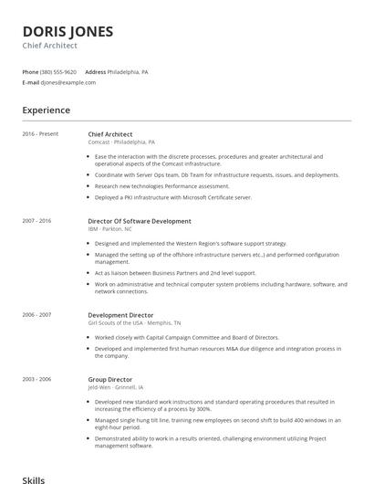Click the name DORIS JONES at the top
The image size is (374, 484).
tap(68, 31)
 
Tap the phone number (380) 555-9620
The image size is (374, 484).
tap(59, 71)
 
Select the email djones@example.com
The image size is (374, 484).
tap(68, 82)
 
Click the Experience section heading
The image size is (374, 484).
tap(46, 110)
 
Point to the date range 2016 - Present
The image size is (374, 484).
tap(40, 134)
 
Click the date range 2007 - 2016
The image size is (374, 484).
tap(36, 221)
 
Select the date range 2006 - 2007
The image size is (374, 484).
tap(36, 315)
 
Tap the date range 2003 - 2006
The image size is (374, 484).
tap(36, 379)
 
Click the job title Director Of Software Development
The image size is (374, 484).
tap(140, 221)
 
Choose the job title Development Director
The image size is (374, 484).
tap(120, 315)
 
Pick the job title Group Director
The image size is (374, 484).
tap(109, 379)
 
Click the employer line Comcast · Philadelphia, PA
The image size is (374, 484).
tap(121, 142)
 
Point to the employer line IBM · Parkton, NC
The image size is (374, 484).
tap(110, 229)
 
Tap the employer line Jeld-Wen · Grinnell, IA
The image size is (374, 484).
tap(114, 387)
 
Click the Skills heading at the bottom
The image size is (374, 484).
tap(34, 479)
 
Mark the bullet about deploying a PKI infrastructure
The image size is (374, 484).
tap(172, 197)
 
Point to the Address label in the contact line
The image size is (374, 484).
tap(95, 71)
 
